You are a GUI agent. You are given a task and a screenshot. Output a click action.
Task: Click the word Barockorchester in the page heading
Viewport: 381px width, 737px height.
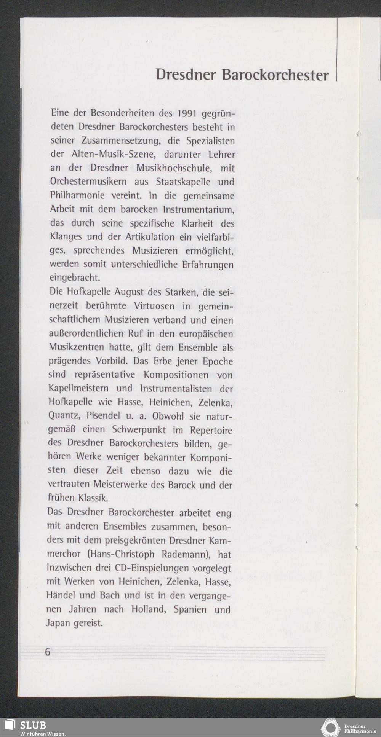point(275,75)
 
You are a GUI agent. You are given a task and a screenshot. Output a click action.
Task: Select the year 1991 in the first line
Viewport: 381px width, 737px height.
point(187,113)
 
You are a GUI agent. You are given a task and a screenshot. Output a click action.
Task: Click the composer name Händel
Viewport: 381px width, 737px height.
point(61,595)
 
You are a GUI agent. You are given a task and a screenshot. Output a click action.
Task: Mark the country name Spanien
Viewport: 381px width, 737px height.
point(190,609)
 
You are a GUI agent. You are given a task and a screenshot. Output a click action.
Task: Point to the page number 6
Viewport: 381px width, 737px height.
point(48,652)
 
